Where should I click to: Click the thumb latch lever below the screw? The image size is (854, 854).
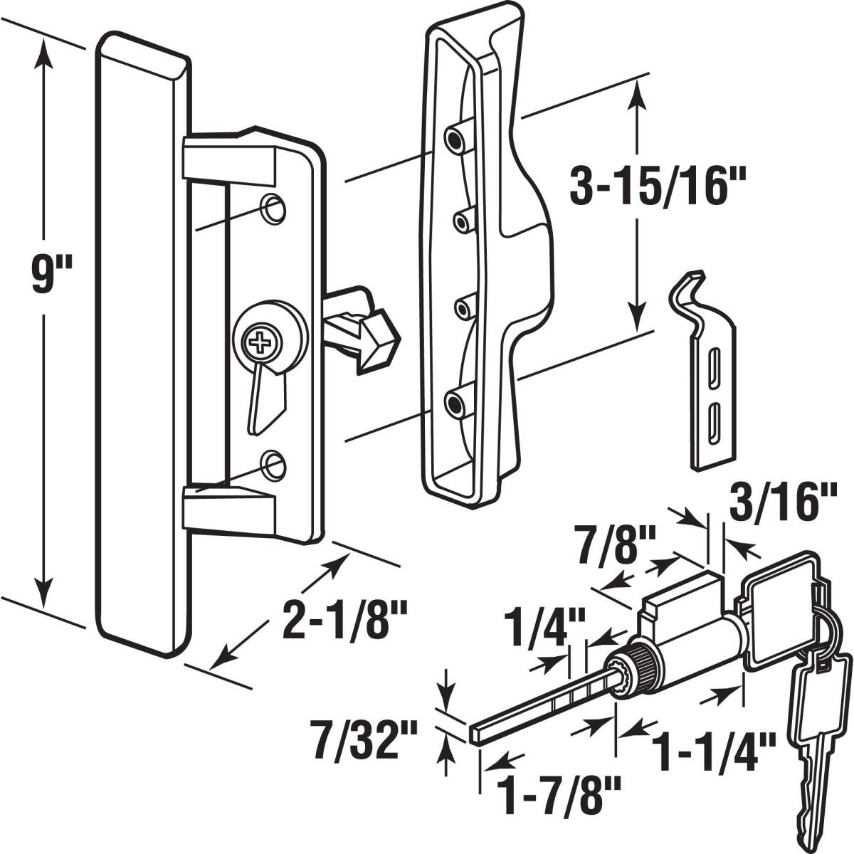click(x=265, y=399)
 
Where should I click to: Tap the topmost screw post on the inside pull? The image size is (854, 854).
click(x=453, y=135)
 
